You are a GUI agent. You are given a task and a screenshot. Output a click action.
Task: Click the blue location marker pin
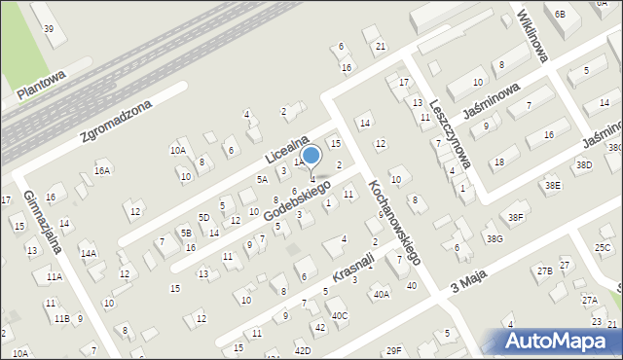pos(311,157)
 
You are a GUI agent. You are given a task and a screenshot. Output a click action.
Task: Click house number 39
pos(49,28)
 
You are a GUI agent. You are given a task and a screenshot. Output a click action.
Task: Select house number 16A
pos(101,170)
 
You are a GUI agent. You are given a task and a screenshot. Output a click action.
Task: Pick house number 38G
pos(495,238)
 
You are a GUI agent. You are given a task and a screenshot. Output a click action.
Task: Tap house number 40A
pos(381,293)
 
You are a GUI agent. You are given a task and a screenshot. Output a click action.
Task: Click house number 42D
pos(303,350)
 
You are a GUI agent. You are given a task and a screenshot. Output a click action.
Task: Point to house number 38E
pos(552,185)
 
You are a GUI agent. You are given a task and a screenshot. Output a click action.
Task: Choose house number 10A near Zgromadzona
pos(177,151)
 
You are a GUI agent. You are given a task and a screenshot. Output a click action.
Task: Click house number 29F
pos(393,350)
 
